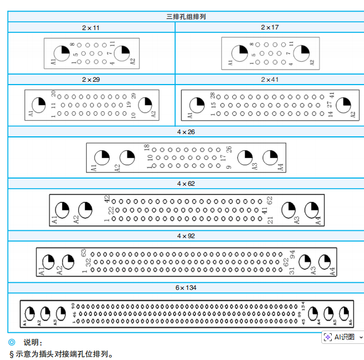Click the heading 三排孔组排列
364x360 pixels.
click(186, 17)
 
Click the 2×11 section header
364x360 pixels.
click(91, 27)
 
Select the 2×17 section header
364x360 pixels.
click(270, 27)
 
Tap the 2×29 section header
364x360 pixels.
click(91, 80)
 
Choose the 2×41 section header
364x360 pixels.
click(270, 80)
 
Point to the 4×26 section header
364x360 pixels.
click(186, 132)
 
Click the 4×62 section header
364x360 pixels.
click(186, 184)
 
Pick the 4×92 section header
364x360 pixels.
click(186, 236)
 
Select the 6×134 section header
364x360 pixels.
click(186, 288)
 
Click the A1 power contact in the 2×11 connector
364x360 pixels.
click(62, 53)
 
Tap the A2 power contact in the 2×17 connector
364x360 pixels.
click(301, 53)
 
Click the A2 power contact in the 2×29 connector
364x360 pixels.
click(145, 105)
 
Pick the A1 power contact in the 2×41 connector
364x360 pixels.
click(197, 105)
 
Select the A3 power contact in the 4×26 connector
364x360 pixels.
click(245, 157)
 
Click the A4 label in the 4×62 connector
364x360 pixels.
click(318, 220)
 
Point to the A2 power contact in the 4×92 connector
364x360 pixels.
click(68, 262)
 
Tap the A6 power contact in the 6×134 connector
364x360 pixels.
click(344, 313)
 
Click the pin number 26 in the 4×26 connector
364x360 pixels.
click(228, 150)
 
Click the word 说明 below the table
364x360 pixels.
click(33, 343)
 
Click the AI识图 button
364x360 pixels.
click(340, 337)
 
